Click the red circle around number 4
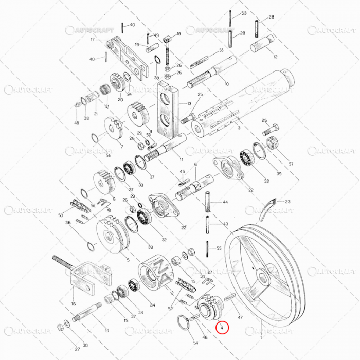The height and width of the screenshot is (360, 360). pos(221,327)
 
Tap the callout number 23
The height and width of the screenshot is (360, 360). pos(287,202)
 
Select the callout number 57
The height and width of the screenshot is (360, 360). pos(291,164)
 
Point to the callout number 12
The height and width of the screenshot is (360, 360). pos(275,57)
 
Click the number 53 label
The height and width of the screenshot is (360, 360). pos(244,13)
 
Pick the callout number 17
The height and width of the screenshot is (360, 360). pos(93,40)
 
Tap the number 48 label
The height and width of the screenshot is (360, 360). pos(77,123)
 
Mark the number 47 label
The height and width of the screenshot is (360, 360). pos(240,319)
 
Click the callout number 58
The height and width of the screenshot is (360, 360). pos(221,50)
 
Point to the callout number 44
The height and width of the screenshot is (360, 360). pos(225,202)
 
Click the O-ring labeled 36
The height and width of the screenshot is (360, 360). pos(91,245)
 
